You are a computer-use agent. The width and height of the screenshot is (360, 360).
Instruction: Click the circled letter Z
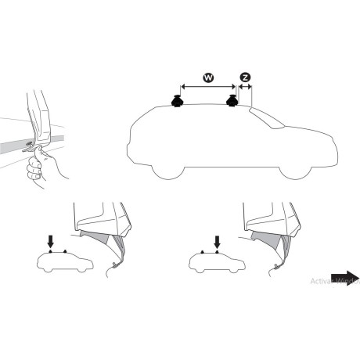(245, 77)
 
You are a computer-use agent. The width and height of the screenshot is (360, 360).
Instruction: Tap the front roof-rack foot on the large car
(232, 101)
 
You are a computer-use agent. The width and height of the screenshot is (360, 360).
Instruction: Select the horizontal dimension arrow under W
(208, 88)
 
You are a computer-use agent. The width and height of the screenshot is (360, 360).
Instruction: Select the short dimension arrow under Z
(245, 88)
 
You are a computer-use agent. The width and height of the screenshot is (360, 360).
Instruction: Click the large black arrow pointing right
(344, 279)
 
